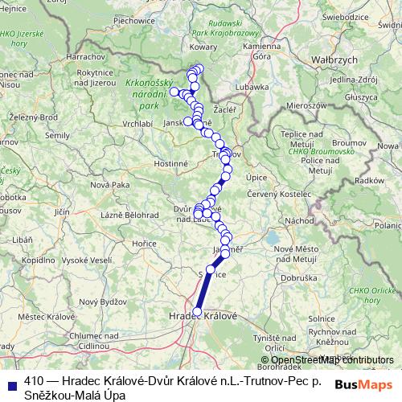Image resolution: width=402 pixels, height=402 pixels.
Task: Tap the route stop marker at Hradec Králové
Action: click(x=197, y=311)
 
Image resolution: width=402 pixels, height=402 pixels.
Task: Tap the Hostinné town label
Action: click(x=170, y=162)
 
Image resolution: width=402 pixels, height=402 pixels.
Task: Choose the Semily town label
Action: click(x=58, y=135)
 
